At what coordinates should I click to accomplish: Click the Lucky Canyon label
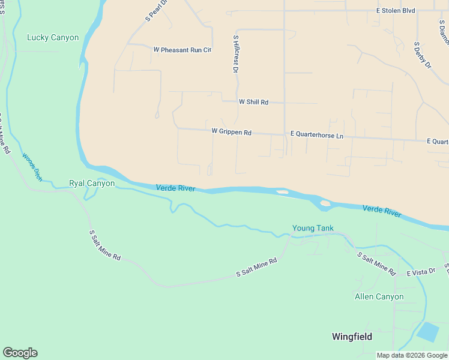coord(53,37)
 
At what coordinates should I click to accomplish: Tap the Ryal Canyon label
coord(92,183)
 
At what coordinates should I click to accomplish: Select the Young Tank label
coord(312,228)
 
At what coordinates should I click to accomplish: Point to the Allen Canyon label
coord(379,296)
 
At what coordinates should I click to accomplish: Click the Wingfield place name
coord(352,337)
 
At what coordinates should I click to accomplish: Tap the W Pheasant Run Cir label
coord(182,50)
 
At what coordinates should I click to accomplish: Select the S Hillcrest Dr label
coord(236,54)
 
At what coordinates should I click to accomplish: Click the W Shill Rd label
coord(253,102)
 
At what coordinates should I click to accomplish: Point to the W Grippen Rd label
coord(231,131)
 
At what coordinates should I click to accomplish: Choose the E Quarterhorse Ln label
coord(316,136)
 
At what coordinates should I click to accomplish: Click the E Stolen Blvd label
coord(396,10)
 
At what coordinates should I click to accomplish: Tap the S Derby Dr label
coord(423,55)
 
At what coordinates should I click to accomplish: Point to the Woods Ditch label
coord(32,167)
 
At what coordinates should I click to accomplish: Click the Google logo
coord(20,353)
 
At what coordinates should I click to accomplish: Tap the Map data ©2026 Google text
coord(411,355)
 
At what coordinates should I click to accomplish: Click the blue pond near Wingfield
coord(428,331)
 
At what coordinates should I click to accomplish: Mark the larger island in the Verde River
coord(325,203)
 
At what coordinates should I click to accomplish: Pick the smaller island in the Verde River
coord(282,192)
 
